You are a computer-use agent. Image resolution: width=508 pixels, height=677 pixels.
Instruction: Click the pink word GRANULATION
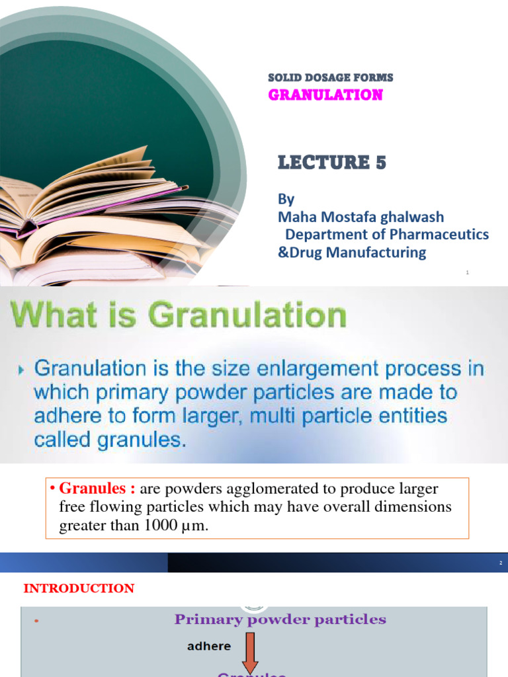(325, 95)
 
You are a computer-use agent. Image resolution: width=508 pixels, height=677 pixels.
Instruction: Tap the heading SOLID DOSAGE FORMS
(330, 78)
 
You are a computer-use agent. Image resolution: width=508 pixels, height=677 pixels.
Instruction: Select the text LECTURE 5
(331, 162)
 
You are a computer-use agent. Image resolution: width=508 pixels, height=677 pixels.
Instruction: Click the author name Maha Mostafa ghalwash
(360, 217)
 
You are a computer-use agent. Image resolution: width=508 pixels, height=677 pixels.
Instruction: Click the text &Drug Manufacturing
(352, 252)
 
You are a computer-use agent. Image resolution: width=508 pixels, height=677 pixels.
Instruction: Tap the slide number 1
(467, 272)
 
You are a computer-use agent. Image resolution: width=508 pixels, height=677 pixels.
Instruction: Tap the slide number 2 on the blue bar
(501, 563)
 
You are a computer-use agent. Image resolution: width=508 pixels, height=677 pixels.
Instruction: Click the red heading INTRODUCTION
(79, 588)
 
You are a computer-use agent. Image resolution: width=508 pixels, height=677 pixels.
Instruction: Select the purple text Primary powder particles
(280, 619)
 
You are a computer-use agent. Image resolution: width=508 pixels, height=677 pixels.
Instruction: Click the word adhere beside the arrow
(208, 646)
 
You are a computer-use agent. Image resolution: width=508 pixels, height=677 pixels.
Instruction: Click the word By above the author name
(286, 199)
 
